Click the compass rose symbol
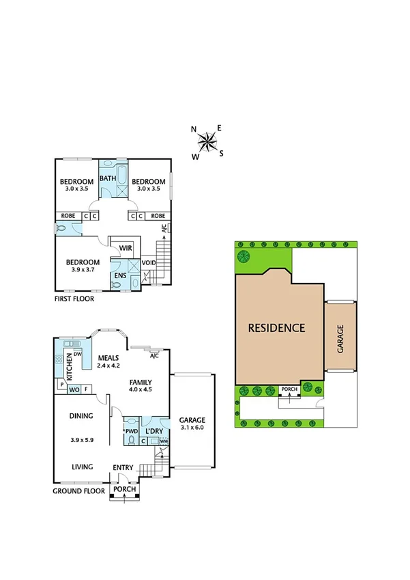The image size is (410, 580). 207,141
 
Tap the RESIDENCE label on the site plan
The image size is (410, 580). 276,327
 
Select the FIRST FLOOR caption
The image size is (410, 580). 74,299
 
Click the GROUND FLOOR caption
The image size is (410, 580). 78,491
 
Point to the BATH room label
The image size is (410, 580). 108,179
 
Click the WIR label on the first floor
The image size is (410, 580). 126,248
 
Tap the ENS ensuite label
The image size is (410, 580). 119,275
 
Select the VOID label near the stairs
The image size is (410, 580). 149,263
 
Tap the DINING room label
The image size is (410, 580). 80,415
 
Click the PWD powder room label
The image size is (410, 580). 132,432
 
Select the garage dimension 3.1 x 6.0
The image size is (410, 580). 192,428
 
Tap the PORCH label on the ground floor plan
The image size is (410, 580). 124,490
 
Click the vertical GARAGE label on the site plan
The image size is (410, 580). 340,338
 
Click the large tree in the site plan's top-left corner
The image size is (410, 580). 244,257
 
